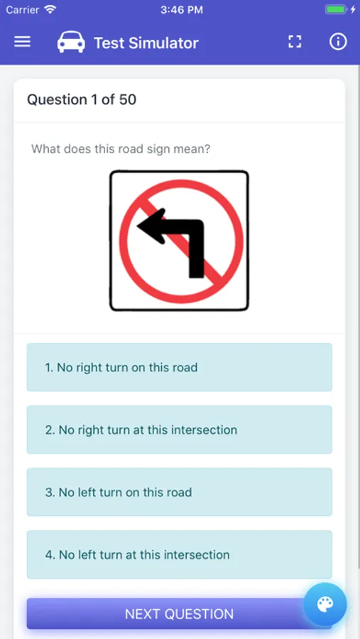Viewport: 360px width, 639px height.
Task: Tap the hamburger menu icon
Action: click(23, 42)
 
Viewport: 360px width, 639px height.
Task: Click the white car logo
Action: click(71, 42)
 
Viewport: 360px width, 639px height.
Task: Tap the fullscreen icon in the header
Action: click(295, 42)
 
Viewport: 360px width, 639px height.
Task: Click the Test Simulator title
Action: click(146, 43)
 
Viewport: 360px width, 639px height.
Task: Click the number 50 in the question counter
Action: click(128, 99)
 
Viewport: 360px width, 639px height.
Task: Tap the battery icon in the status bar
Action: click(336, 9)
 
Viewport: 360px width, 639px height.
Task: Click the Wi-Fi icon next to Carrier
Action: click(50, 9)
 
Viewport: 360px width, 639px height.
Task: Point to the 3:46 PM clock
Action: click(182, 10)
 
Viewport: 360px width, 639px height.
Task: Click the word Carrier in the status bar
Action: click(23, 10)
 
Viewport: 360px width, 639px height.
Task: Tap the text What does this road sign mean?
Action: click(121, 149)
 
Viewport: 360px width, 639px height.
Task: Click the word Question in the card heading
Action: click(57, 99)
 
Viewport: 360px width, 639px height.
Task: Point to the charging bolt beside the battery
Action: click(353, 9)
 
